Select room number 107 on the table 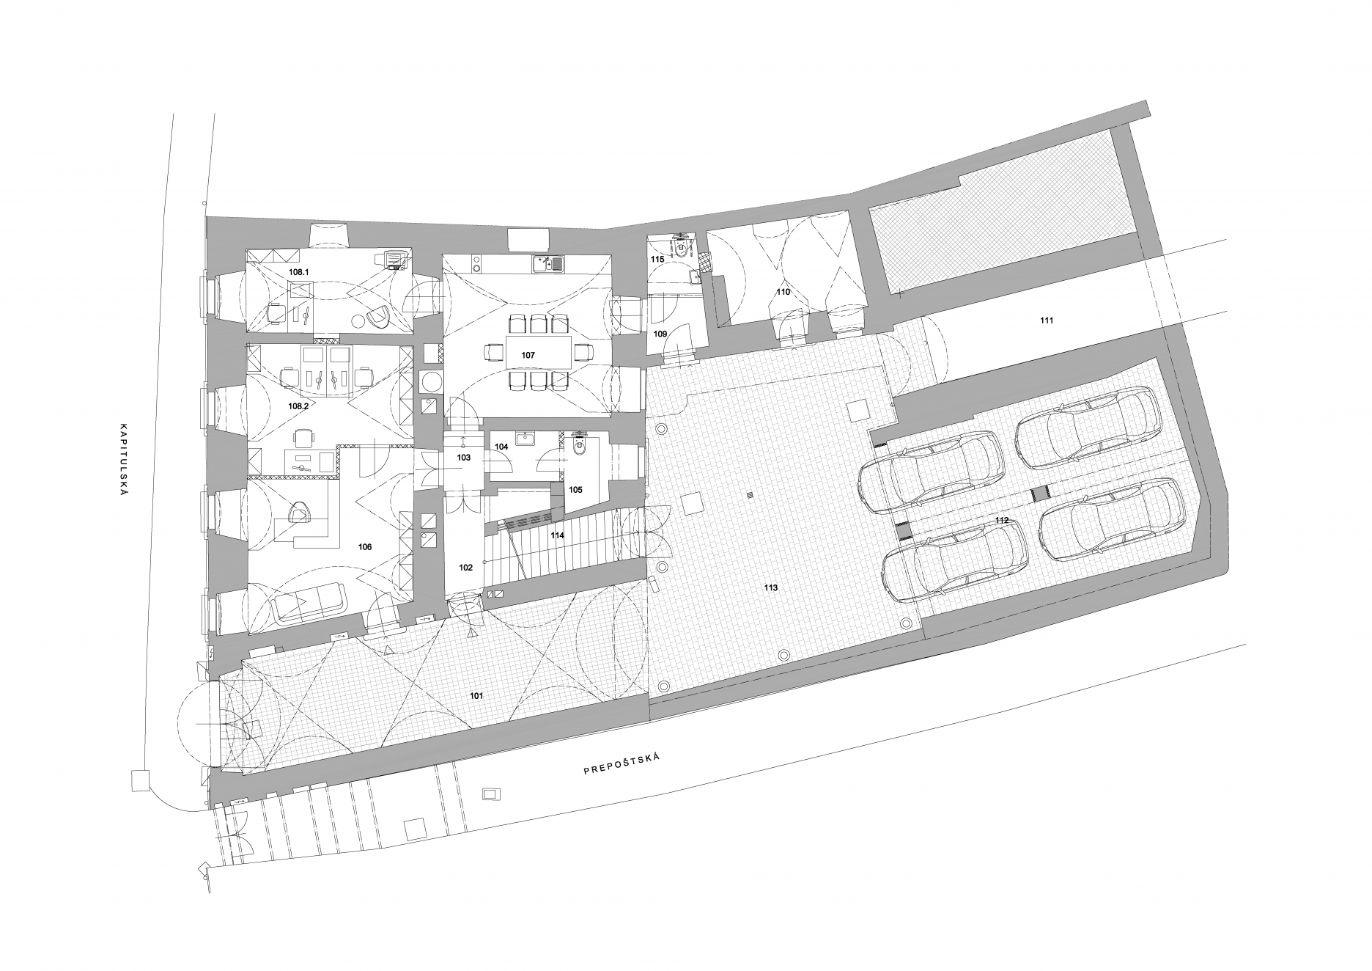click(528, 355)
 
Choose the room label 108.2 click(300, 406)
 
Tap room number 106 click(364, 547)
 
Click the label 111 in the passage click(1047, 320)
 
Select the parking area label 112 click(1002, 520)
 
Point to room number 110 click(783, 292)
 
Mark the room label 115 click(657, 260)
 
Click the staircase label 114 click(558, 535)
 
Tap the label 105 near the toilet click(575, 489)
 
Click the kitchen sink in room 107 click(548, 262)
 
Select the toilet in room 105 click(580, 447)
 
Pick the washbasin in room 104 click(525, 439)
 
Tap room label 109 click(660, 334)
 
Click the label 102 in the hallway click(466, 568)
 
